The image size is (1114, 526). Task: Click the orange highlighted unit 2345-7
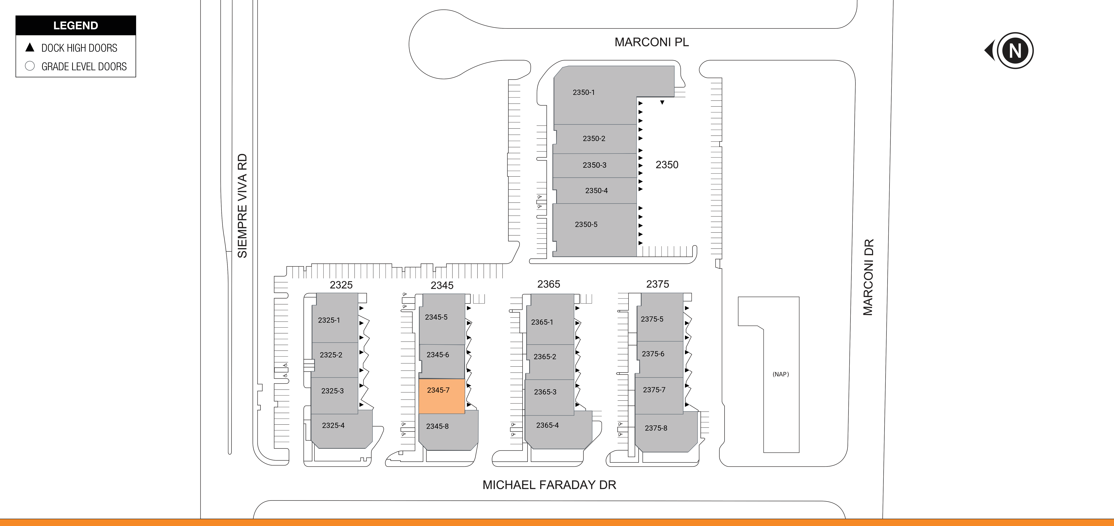pyautogui.click(x=441, y=396)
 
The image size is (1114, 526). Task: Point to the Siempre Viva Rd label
pyautogui.click(x=242, y=206)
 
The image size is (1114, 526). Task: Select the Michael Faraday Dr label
pyautogui.click(x=549, y=485)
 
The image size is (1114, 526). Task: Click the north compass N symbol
pyautogui.click(x=1015, y=51)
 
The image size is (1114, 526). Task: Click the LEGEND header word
pyautogui.click(x=76, y=25)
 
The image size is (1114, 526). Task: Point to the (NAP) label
pyautogui.click(x=781, y=374)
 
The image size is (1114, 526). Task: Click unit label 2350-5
pyautogui.click(x=586, y=224)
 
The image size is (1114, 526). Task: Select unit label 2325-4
pyautogui.click(x=333, y=425)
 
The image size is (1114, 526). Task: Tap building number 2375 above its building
pyautogui.click(x=657, y=284)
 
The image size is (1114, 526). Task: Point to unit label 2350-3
pyautogui.click(x=594, y=165)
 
